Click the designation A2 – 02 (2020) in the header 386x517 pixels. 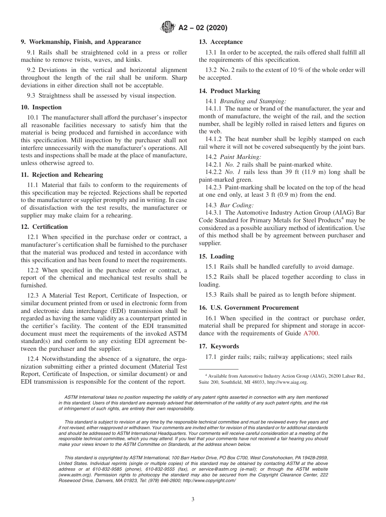(203, 28)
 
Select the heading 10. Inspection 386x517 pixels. (41, 107)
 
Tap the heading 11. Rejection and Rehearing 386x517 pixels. (62, 175)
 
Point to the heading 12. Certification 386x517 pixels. (44, 227)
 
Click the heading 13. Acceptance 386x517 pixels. (221, 42)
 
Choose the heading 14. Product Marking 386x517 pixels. (229, 91)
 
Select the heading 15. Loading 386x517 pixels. (216, 256)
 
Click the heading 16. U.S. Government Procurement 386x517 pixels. (249, 308)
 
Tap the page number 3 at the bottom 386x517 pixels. (193, 499)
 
